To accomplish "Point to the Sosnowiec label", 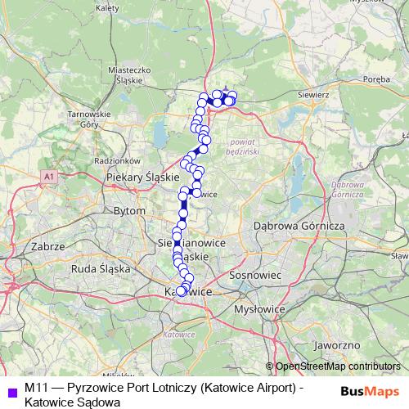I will tap(256, 276).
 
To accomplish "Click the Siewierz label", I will tap(313, 95).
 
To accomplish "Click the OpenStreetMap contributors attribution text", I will tap(333, 366).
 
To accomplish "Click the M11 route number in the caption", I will tap(35, 386).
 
